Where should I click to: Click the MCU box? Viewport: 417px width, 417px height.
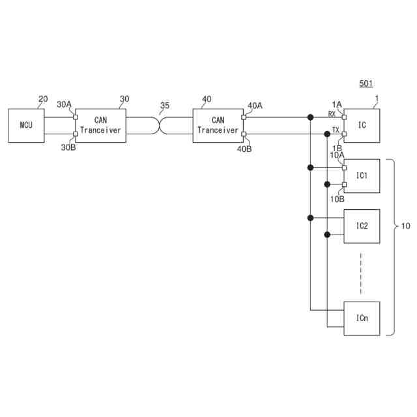tap(26, 125)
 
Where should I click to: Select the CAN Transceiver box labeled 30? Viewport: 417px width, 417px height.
tap(101, 125)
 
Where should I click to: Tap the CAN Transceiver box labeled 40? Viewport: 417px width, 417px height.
tap(218, 125)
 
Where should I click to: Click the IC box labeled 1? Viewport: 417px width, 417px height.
tap(362, 125)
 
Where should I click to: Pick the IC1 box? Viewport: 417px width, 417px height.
tap(362, 176)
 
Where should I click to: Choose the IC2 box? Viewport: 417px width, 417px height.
tap(362, 226)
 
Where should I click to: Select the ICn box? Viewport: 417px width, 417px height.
tap(362, 318)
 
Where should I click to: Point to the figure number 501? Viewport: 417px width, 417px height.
tap(366, 84)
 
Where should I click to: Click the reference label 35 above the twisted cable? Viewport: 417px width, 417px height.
tap(164, 106)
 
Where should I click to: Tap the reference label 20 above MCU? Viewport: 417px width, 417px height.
tap(43, 99)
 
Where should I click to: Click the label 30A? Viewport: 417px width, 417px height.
tap(65, 104)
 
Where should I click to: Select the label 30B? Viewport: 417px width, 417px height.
tap(68, 147)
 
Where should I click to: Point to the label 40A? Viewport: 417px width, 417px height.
tap(255, 105)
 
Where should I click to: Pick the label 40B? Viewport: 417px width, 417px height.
tap(244, 149)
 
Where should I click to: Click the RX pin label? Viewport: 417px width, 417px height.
tap(332, 114)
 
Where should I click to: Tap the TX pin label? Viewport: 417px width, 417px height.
tap(335, 130)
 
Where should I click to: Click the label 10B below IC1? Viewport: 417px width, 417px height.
tap(337, 199)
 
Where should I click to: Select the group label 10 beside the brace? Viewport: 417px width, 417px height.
tap(405, 226)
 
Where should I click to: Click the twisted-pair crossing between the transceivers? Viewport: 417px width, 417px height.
tap(159, 125)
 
